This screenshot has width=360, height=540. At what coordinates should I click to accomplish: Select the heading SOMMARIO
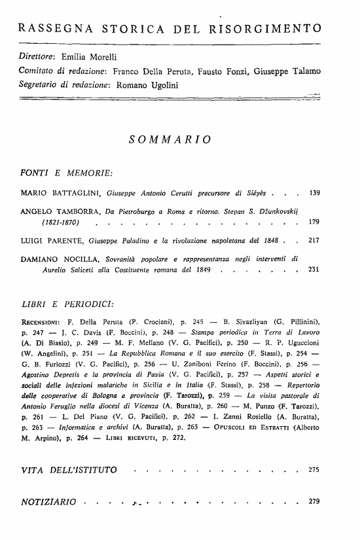tap(170, 139)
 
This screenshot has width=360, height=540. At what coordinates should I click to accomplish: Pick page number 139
tap(315, 194)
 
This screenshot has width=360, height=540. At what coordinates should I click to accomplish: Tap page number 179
tap(315, 223)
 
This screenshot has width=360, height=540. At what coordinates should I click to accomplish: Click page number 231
tap(315, 270)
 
